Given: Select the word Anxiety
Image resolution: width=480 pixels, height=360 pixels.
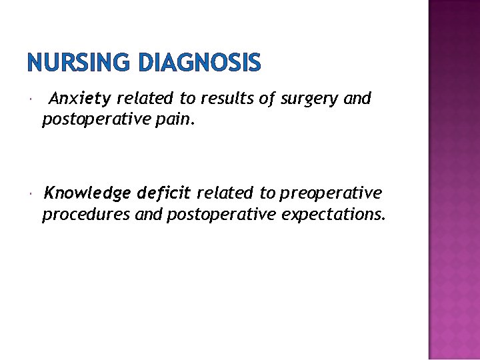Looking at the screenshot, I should click(x=80, y=99).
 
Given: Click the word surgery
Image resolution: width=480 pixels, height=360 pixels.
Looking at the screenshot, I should click(x=310, y=99).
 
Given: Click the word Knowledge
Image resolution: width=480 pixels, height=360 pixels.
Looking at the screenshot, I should click(x=87, y=193).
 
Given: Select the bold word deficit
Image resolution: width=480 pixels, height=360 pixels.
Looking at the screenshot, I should click(x=164, y=193).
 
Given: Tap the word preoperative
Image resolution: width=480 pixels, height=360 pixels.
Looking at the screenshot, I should click(x=331, y=193).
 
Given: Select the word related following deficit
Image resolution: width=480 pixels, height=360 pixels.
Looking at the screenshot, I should click(x=225, y=193).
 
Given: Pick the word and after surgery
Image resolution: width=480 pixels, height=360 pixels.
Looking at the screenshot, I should click(x=357, y=99).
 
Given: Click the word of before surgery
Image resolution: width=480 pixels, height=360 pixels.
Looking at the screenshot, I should click(x=267, y=99).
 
